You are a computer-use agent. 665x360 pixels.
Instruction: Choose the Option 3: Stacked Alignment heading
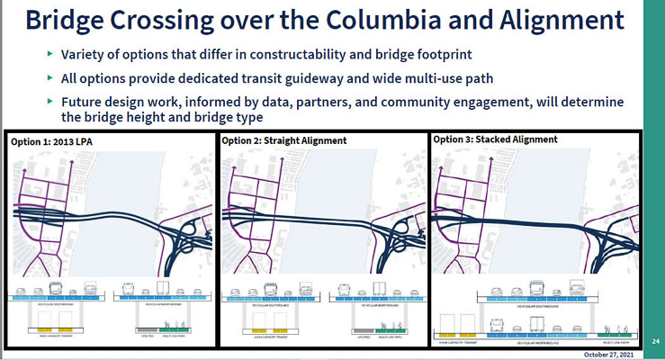click(495, 140)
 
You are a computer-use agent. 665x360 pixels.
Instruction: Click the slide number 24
click(654, 340)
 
